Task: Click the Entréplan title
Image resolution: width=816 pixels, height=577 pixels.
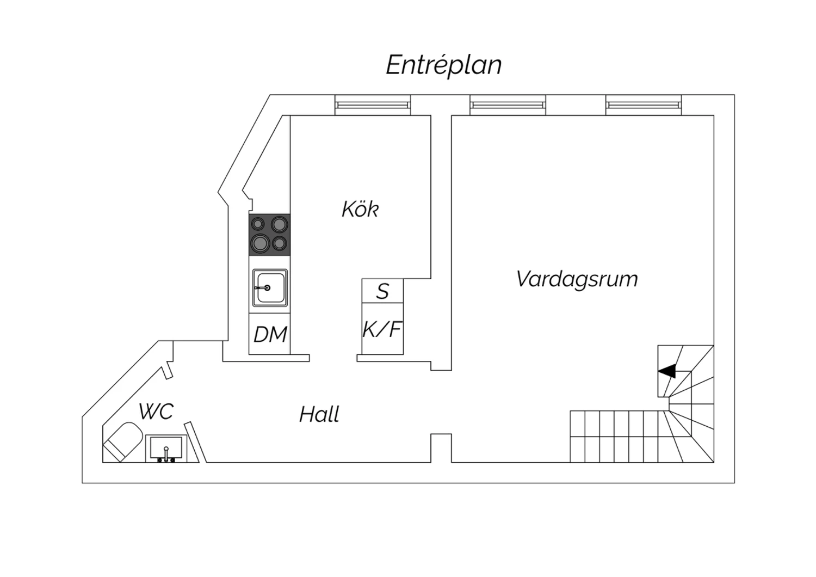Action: pos(443,65)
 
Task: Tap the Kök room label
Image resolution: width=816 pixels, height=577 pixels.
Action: pos(360,209)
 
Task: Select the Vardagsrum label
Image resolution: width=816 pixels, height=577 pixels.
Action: pos(577,279)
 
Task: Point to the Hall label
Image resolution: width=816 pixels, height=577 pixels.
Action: pos(319,415)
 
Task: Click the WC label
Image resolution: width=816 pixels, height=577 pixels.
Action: pos(156,412)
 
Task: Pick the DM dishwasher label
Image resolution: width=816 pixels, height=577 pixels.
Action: pos(270,334)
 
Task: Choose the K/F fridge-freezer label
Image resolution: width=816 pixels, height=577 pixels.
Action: pos(382,329)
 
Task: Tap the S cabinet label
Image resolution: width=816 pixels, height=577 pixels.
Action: pos(382,291)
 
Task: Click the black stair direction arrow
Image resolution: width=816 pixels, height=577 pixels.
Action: pos(667,371)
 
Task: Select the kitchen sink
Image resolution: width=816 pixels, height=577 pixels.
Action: pos(270,287)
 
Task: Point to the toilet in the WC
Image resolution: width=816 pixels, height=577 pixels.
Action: pos(123,440)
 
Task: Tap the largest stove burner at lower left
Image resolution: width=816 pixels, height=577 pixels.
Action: pos(260,243)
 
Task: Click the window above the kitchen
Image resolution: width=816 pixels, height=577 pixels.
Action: pos(373,105)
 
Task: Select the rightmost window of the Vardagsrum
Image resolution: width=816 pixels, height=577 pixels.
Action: pos(643,105)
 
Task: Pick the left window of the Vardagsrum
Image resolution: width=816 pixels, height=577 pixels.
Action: pos(508,105)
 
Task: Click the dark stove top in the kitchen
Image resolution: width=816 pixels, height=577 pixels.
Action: pos(270,235)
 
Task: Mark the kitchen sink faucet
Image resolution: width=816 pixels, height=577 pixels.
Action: pos(264,287)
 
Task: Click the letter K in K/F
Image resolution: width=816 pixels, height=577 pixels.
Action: pos(369,329)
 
